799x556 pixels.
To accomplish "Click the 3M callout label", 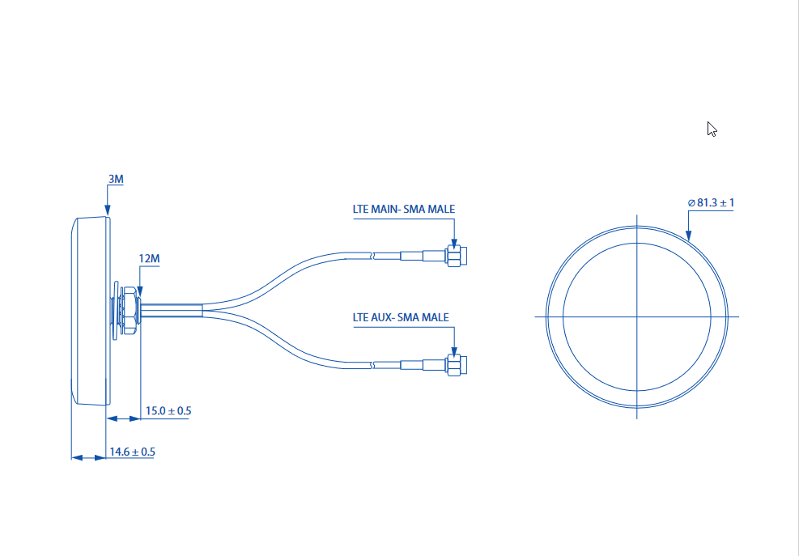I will (115, 179).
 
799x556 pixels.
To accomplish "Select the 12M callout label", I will (149, 259).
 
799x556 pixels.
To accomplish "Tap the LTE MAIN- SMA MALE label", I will (403, 209).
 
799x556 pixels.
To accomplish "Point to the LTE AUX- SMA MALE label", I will (400, 317).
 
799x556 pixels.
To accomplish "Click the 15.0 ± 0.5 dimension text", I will (168, 411).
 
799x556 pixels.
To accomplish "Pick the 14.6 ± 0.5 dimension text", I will (132, 452).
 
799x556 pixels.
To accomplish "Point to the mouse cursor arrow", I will (712, 129).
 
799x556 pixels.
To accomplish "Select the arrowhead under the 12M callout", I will (140, 292).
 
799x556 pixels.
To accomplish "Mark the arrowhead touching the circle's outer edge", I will (688, 236).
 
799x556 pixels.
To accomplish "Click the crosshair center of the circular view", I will (637, 316).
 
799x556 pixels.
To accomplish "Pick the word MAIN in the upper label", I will (386, 209).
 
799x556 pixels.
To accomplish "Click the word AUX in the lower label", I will (383, 317).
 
